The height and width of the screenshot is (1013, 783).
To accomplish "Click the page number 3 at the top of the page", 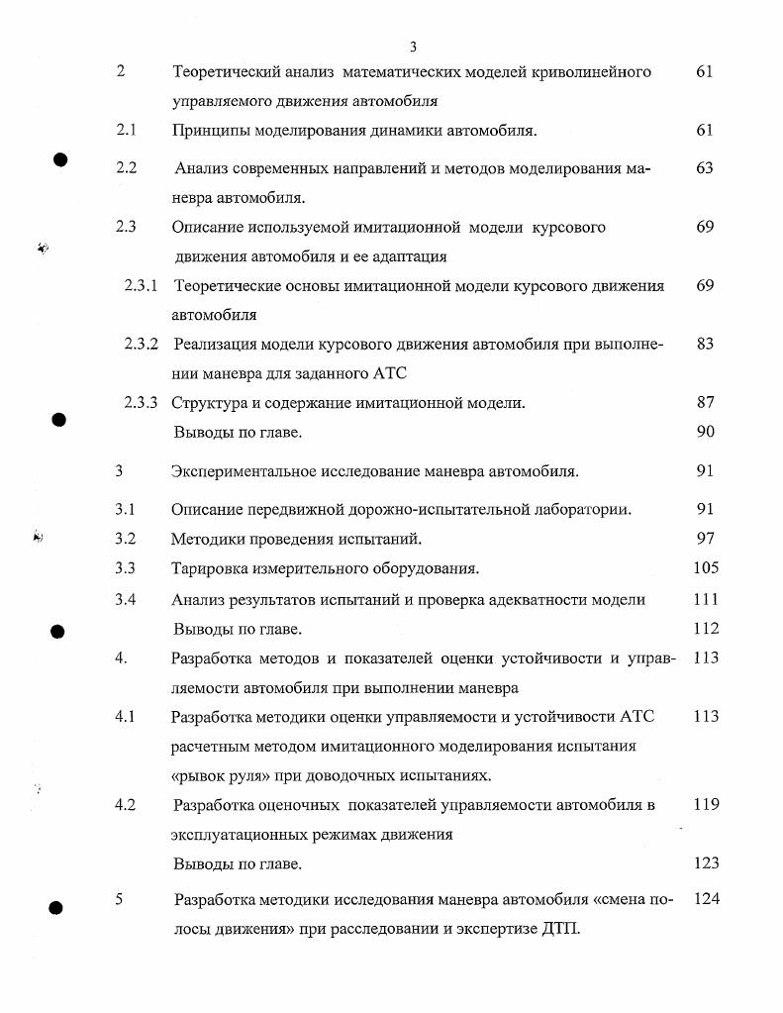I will click(x=413, y=46).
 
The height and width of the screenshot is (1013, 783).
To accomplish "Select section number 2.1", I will click(x=126, y=130).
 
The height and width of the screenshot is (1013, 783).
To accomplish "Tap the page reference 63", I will click(x=704, y=168).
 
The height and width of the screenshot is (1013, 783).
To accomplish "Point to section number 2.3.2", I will click(x=142, y=345).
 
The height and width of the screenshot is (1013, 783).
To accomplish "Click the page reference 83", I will click(x=704, y=345).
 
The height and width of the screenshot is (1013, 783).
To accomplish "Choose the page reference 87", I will click(x=704, y=402).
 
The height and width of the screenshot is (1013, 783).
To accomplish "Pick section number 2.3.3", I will click(x=142, y=402).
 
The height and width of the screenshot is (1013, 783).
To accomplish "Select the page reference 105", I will click(x=706, y=568).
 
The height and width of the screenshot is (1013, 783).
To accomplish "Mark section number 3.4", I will click(x=125, y=599).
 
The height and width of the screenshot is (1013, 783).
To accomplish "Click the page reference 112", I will click(x=706, y=628).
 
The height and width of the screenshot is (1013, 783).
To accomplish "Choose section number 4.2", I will click(x=125, y=805).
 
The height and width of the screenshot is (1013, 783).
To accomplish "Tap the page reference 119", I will click(x=706, y=805).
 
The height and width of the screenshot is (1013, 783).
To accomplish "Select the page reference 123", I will click(x=706, y=863).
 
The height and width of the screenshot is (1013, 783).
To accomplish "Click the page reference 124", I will click(x=706, y=900).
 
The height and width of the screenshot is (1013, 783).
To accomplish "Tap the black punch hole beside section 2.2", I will click(x=59, y=160).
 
